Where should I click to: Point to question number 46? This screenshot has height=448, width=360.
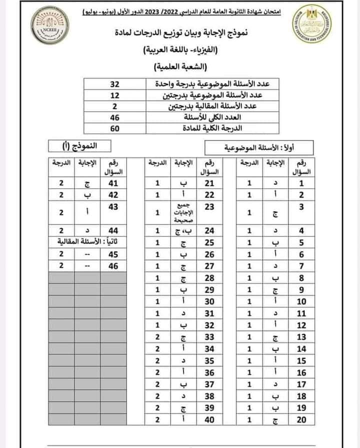pyautogui.click(x=113, y=266)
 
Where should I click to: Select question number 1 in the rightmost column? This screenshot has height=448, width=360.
pyautogui.click(x=301, y=183)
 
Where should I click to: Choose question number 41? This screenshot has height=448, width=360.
pyautogui.click(x=113, y=183)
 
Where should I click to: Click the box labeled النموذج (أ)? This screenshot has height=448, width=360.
pyautogui.click(x=80, y=146)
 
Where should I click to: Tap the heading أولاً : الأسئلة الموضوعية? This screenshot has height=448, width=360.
pyautogui.click(x=259, y=147)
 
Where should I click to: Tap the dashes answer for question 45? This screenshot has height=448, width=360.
pyautogui.click(x=88, y=254)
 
